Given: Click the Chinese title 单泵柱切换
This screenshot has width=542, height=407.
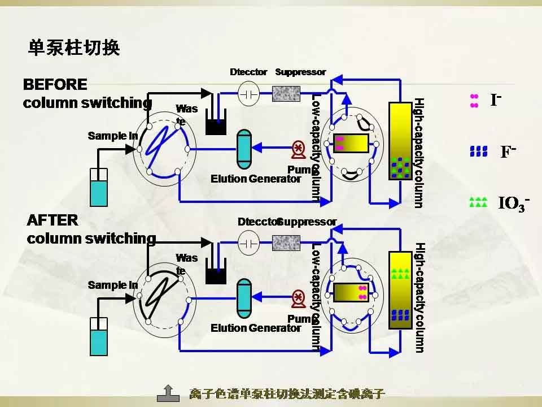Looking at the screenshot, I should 74,48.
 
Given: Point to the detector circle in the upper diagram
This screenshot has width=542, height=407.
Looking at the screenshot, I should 248,93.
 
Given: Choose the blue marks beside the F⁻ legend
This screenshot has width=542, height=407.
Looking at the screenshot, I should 478,151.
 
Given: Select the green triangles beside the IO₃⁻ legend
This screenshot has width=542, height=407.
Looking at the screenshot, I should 478,202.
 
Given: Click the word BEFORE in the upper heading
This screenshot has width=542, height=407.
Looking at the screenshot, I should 55,85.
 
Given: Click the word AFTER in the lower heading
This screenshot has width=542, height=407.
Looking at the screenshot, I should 53,220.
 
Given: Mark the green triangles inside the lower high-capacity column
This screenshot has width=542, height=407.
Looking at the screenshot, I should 400,274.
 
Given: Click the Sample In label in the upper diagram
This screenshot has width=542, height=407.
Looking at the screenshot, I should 113,136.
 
